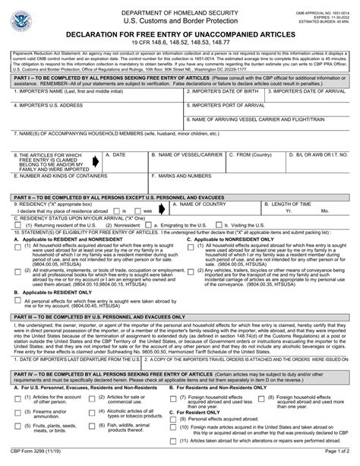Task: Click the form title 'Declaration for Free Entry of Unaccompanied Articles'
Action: coord(179,34)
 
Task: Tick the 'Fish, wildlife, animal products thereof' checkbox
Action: coord(100,428)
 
